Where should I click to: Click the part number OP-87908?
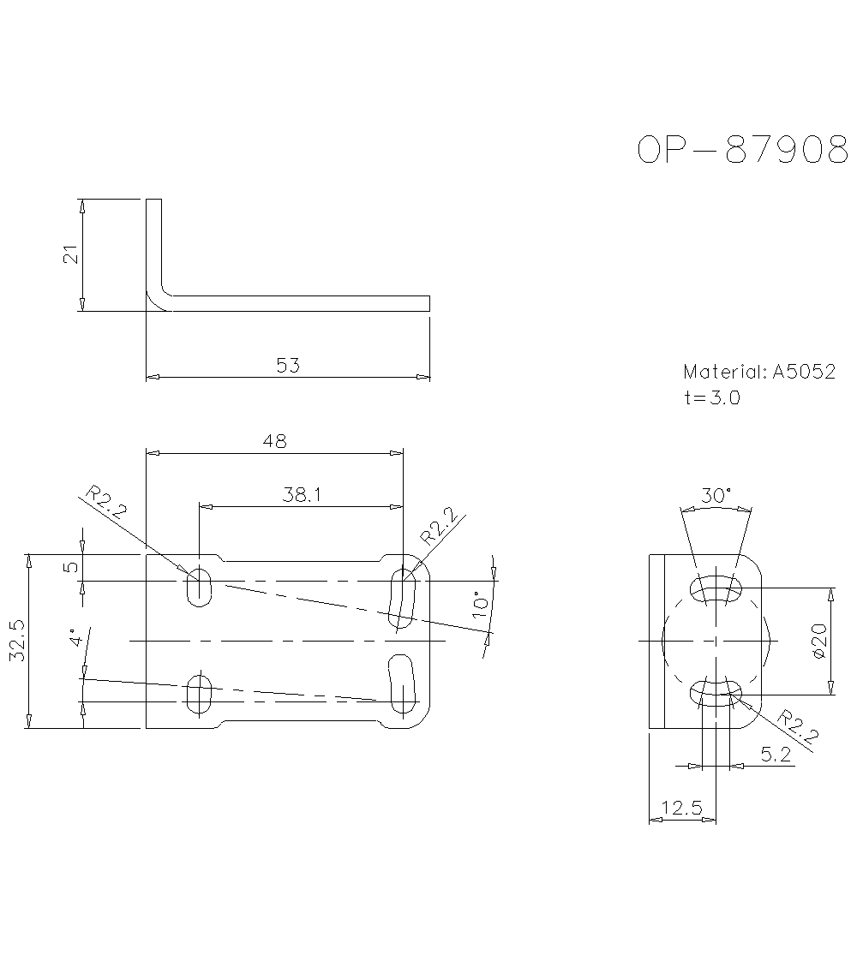(742, 150)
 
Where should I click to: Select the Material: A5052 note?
(758, 372)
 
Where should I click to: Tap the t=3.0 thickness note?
(711, 397)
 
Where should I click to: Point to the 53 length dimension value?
(288, 366)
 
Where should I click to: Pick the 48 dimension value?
(275, 441)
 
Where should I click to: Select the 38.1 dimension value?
(301, 495)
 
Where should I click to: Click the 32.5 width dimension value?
(17, 642)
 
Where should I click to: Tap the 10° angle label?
(481, 604)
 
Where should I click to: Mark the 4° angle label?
(76, 640)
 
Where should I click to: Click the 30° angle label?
(716, 496)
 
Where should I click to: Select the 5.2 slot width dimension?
(776, 755)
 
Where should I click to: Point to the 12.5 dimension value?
(682, 808)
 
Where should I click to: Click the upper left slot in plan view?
(199, 586)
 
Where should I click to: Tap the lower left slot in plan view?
(199, 695)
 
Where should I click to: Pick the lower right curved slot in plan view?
(403, 684)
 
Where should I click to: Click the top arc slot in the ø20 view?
(716, 589)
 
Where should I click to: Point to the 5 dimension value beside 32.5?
(73, 567)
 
